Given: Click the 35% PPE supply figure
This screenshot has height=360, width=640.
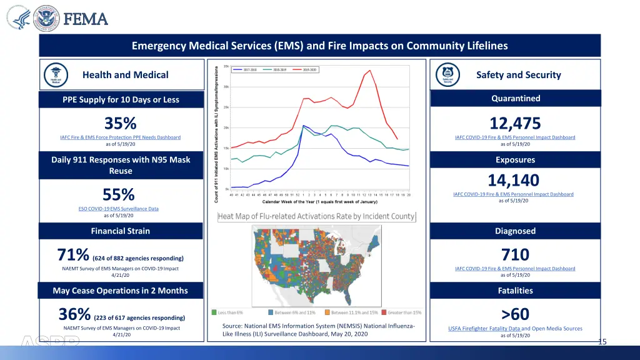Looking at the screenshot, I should (x=121, y=123).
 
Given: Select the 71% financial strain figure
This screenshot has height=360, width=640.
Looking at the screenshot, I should (x=73, y=256).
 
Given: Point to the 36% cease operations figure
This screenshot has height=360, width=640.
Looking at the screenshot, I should (x=74, y=314).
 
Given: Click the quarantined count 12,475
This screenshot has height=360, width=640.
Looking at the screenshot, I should (x=515, y=123).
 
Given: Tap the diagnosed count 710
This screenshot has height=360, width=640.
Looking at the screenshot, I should (x=515, y=254).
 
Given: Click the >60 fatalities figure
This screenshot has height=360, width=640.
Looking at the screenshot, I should (x=515, y=314).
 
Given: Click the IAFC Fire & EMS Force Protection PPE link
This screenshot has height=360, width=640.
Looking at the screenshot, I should (x=121, y=137).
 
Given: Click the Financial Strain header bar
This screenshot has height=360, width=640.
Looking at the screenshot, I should (x=121, y=231).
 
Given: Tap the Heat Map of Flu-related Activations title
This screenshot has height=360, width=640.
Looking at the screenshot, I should (x=316, y=216).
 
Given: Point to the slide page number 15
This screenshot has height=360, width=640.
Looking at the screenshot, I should (x=602, y=341).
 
